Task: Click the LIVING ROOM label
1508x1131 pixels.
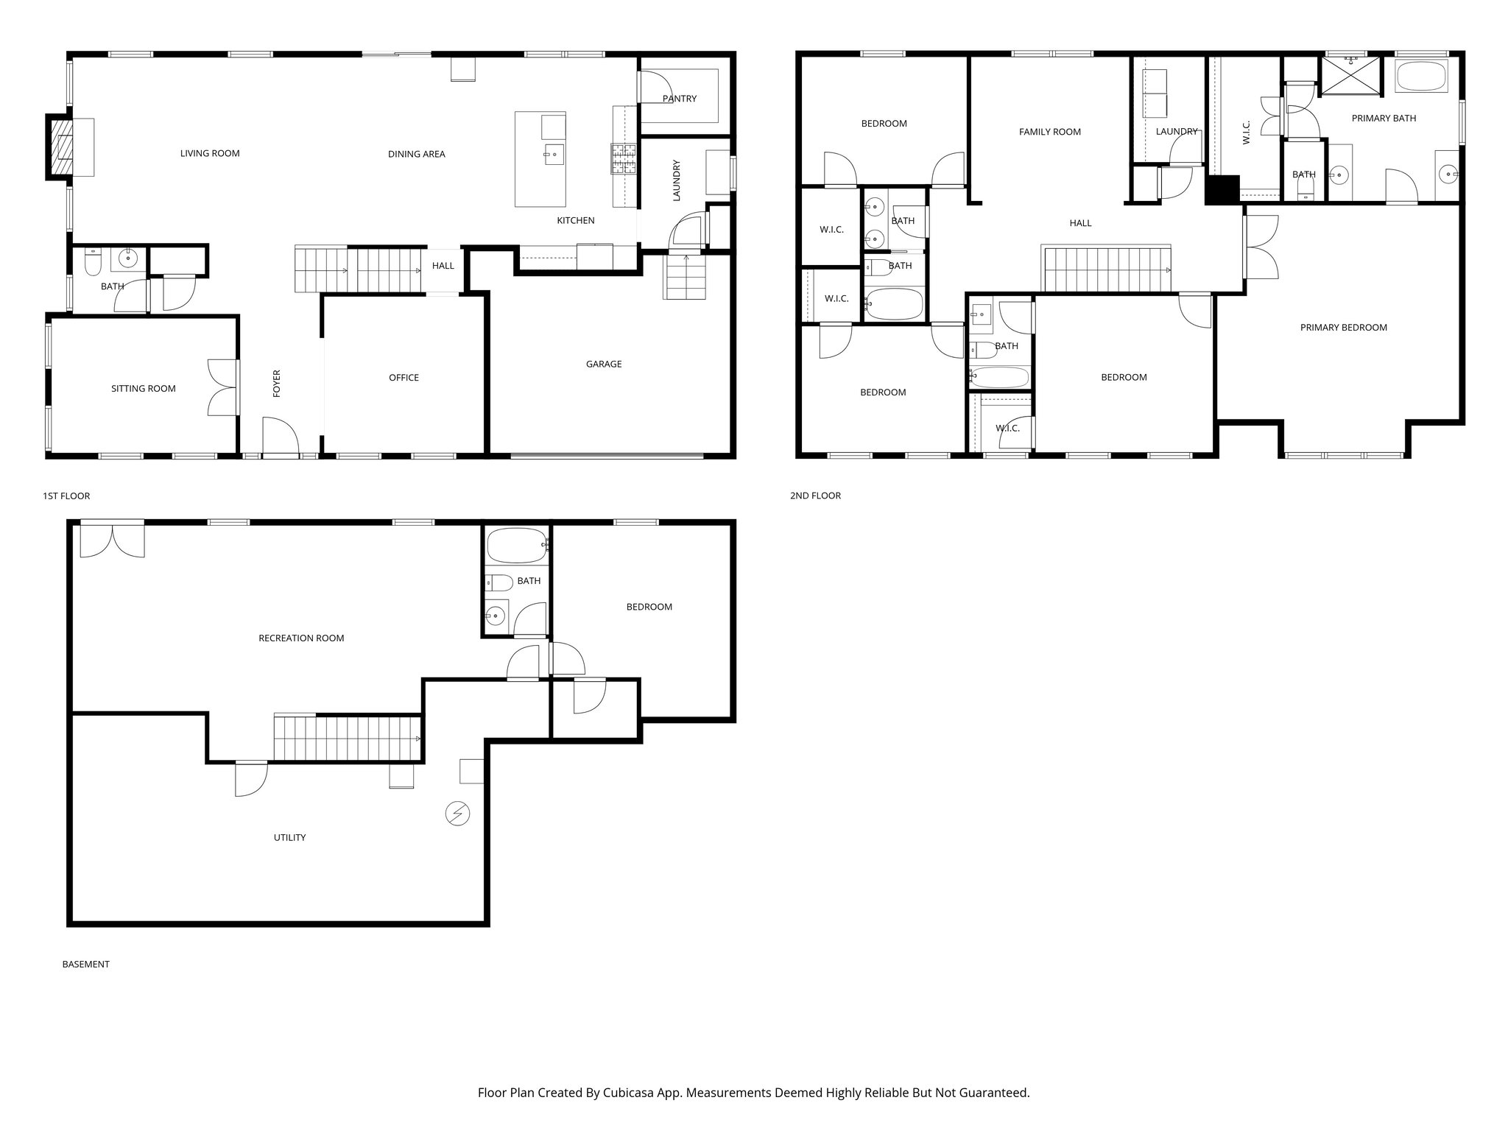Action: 210,153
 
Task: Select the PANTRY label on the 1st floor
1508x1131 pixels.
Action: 679,99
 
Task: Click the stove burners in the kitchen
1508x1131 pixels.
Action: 622,158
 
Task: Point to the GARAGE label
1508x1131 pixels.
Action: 603,364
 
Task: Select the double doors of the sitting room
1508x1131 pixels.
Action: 222,387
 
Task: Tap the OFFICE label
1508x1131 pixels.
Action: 404,378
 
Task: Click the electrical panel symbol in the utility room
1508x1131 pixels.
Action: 457,814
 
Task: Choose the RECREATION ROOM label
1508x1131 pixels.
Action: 301,638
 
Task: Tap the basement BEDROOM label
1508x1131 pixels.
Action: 649,607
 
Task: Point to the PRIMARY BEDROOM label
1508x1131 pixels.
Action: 1343,328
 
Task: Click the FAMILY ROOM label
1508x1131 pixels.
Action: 1049,132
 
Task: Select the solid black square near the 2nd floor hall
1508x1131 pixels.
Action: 1222,189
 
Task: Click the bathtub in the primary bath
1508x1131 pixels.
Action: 1421,77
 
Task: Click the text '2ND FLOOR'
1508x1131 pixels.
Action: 815,496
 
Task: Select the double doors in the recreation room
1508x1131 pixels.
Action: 112,540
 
